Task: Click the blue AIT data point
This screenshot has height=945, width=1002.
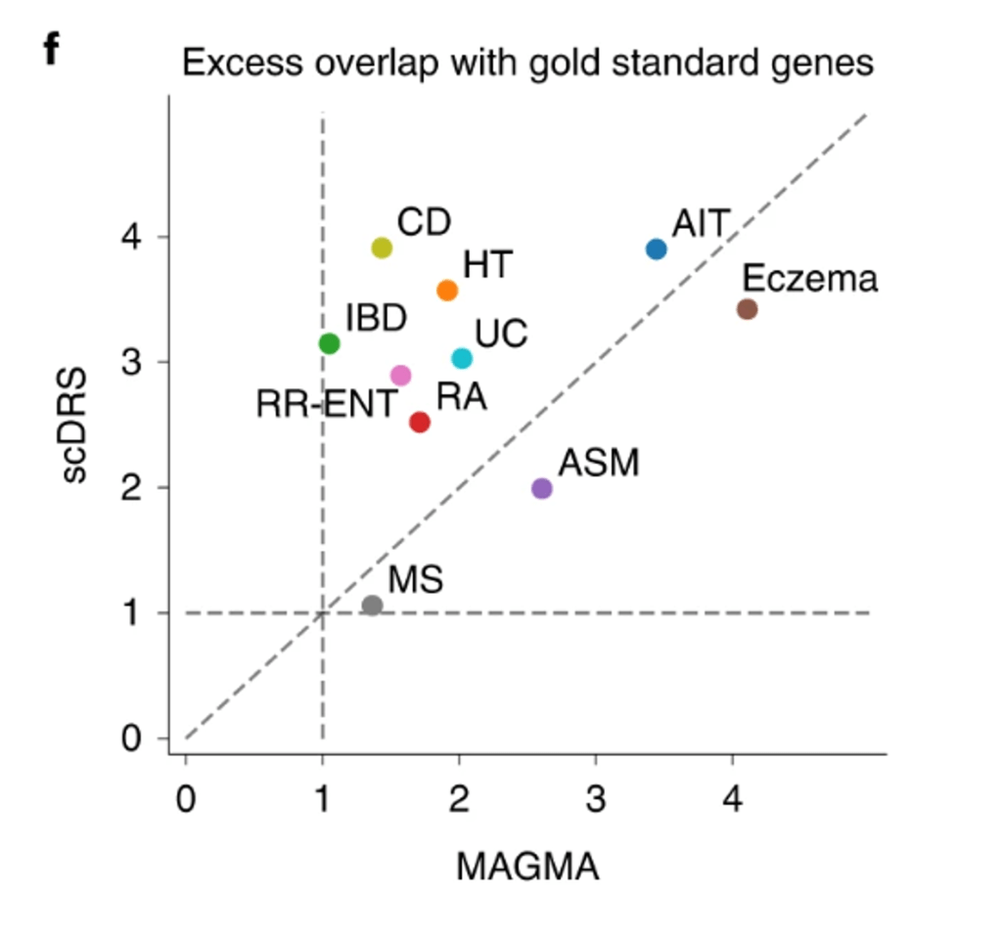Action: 656,249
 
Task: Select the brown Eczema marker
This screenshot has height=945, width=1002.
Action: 747,309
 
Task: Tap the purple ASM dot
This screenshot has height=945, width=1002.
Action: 541,488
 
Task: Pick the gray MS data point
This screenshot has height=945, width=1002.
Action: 372,606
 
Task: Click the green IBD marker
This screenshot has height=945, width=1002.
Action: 329,343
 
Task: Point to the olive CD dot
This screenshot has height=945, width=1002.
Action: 382,247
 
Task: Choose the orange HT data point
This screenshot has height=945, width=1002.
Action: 447,291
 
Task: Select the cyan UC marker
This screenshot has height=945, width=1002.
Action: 462,359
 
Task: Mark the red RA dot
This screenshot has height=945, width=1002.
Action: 420,422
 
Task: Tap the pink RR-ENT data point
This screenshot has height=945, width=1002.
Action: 400,376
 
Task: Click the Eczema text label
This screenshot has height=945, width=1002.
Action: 809,280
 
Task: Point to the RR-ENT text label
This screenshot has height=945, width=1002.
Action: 327,404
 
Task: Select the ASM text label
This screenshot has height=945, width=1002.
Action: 598,463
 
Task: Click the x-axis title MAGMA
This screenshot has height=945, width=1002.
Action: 527,867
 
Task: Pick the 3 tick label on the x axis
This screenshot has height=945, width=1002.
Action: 595,800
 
